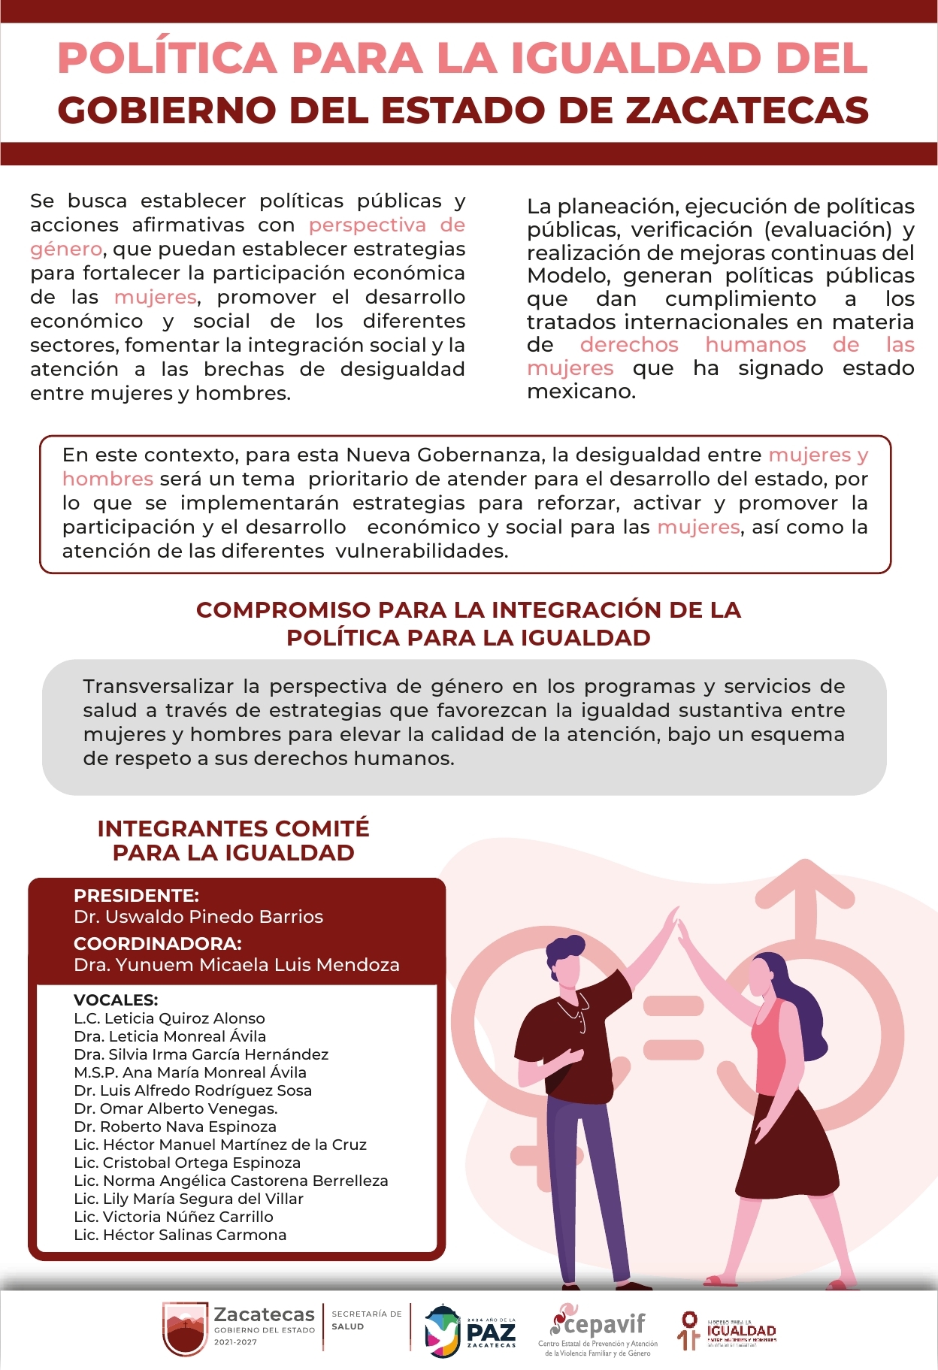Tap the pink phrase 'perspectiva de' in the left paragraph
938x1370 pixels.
point(386,225)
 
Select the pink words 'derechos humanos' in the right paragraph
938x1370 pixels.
point(692,345)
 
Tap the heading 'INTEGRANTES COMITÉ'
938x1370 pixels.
point(233,828)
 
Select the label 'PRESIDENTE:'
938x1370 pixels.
point(136,895)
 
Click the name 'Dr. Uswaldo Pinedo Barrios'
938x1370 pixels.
point(198,917)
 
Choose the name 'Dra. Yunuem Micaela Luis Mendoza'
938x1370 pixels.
point(236,965)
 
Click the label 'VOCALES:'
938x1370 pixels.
point(116,1000)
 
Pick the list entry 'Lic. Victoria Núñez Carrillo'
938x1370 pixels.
point(173,1217)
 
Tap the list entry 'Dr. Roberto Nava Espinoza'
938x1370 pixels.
point(174,1127)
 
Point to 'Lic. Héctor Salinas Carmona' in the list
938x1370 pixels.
point(180,1235)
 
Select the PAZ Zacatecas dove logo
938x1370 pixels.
point(443,1331)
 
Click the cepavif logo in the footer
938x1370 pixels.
point(598,1330)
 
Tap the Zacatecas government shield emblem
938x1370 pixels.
point(184,1329)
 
